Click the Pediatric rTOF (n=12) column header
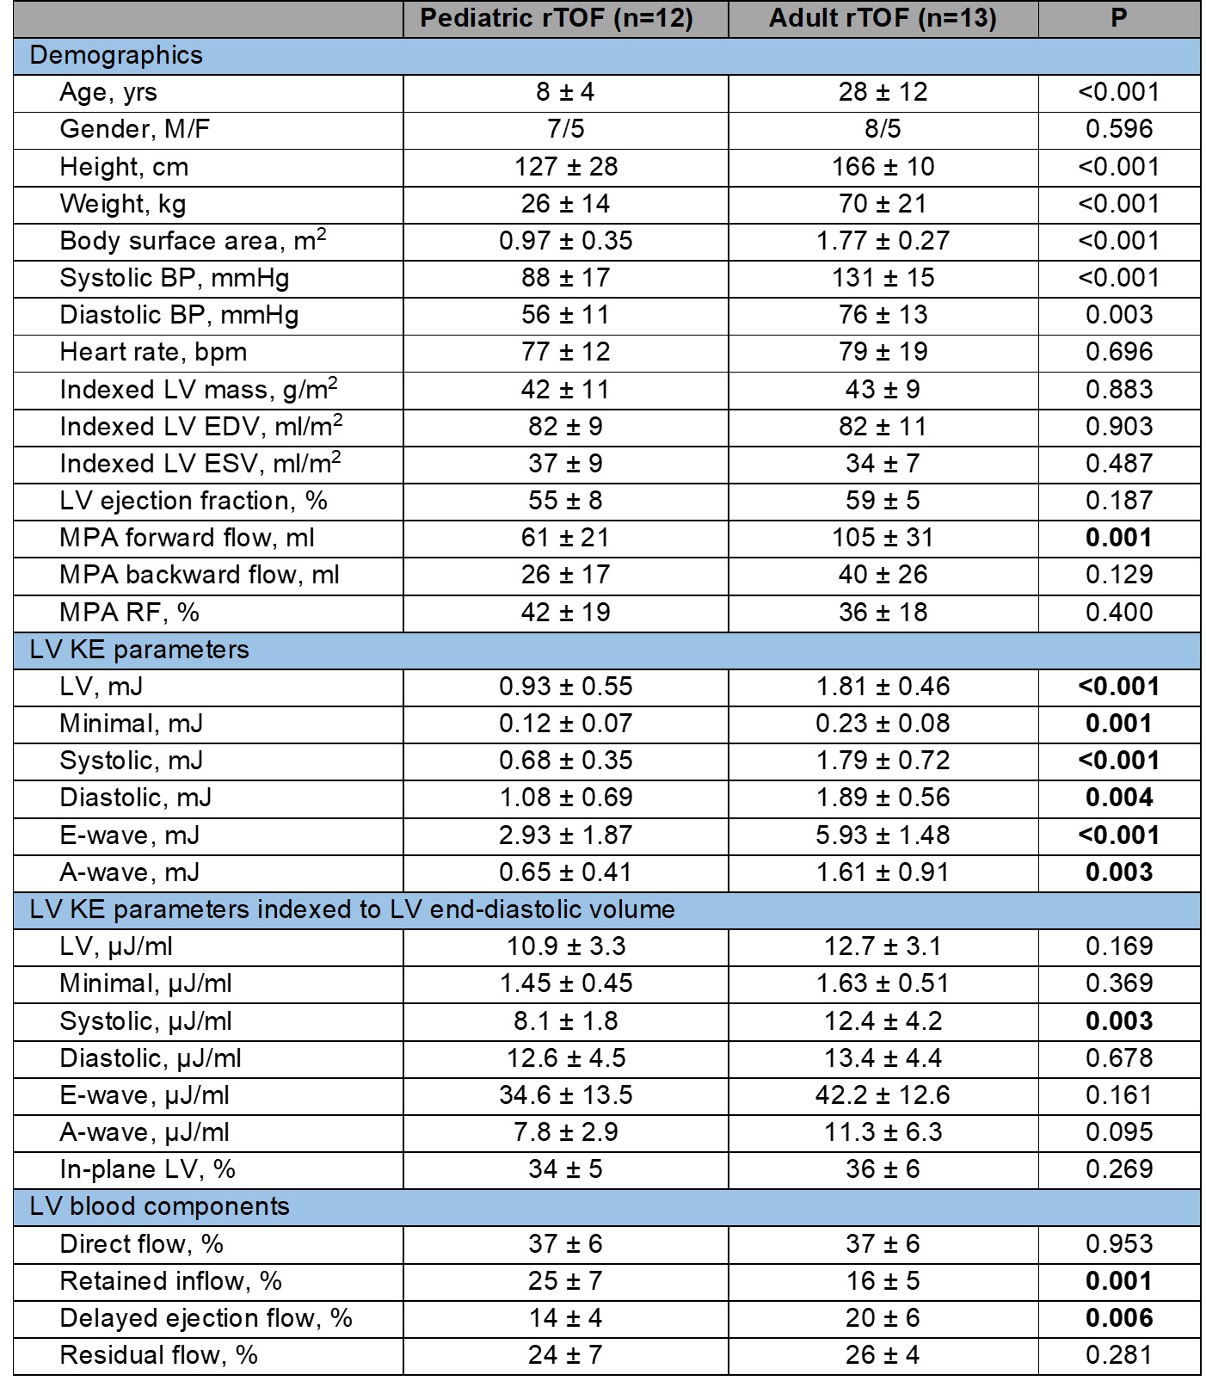(557, 19)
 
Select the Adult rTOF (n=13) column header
(883, 19)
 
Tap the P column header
(1118, 19)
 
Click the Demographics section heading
(116, 55)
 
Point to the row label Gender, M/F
(134, 129)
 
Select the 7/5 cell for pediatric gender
(565, 129)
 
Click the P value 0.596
(1118, 129)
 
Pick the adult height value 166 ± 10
(883, 166)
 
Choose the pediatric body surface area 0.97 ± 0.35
(565, 241)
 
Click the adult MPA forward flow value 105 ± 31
(883, 538)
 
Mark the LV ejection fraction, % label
(194, 501)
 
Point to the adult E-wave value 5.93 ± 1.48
(883, 835)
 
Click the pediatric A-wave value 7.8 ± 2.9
(565, 1132)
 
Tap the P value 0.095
(1118, 1132)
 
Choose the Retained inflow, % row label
(170, 1281)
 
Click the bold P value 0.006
(1118, 1318)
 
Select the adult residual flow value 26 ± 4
(883, 1355)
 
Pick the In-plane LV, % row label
(147, 1169)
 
